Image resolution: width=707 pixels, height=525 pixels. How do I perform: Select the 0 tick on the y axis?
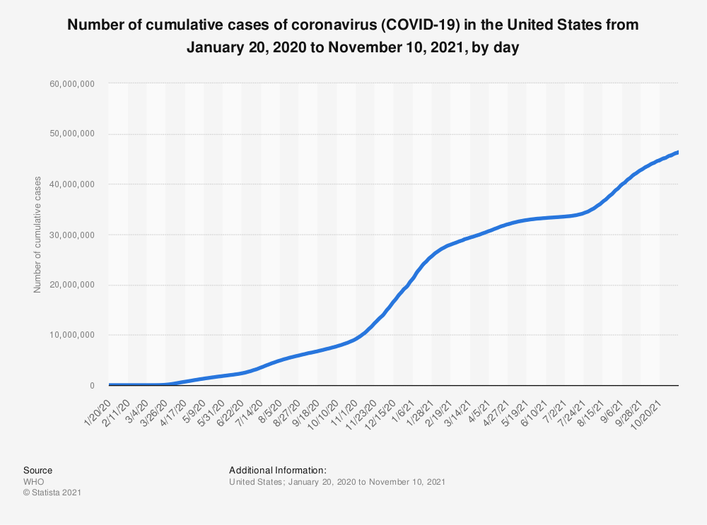click(91, 386)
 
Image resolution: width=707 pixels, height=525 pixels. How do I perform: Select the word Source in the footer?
click(37, 470)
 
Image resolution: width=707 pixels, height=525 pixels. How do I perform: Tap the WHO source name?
click(33, 481)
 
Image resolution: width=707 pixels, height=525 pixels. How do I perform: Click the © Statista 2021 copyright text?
click(52, 492)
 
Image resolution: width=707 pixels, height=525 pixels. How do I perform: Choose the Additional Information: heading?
click(277, 470)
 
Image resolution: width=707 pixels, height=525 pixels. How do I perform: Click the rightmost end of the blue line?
click(677, 152)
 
